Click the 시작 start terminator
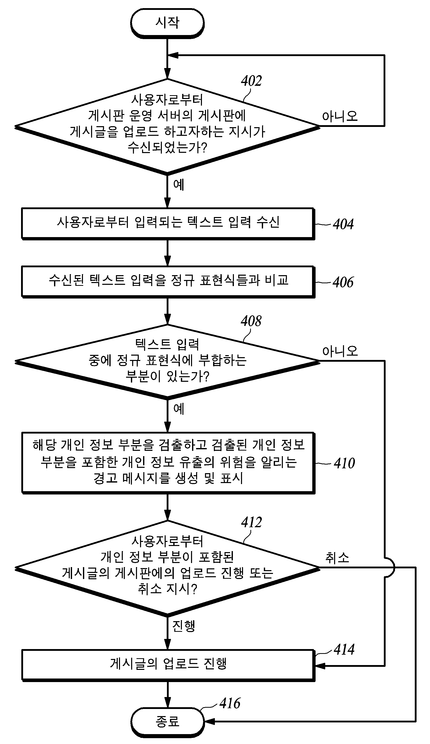click(x=167, y=23)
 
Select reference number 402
click(x=251, y=81)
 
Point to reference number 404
click(x=343, y=224)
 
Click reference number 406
click(x=343, y=282)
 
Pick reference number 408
click(x=251, y=321)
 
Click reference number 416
click(x=230, y=703)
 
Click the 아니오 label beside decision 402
click(x=340, y=116)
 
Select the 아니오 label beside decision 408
click(x=340, y=351)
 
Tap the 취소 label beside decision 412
click(x=337, y=558)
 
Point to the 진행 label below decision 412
click(x=184, y=626)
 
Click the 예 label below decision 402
click(x=179, y=185)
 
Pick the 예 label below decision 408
click(x=179, y=409)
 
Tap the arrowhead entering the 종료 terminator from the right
click(x=209, y=722)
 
